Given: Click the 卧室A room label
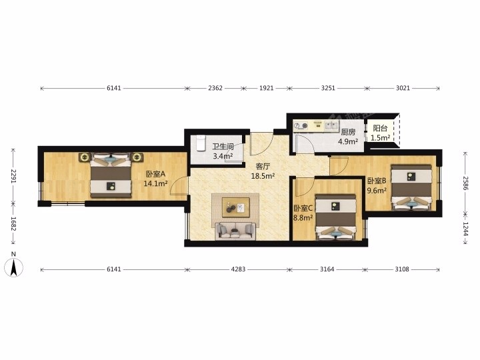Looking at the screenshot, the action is coord(155,174).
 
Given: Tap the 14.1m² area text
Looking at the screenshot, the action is coord(155,183).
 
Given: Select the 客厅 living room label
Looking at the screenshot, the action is coord(263,167).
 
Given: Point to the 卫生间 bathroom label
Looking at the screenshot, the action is coord(223,147).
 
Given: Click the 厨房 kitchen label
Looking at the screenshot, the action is coord(348,132).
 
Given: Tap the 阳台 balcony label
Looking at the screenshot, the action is coord(380,129).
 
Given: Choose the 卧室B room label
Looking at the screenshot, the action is coord(377,181).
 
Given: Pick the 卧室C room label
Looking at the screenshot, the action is coord(303,209).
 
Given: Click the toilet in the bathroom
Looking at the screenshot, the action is coord(201,143).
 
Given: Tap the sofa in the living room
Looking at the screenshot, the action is coord(235,231).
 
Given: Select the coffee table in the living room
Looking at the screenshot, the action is coord(236,207).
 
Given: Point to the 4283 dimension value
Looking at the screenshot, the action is coord(238,269).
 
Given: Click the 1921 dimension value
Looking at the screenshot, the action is coord(266,88).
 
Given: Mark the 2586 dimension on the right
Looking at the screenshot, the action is coord(465,183).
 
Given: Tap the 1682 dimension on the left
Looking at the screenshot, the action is coord(13,223).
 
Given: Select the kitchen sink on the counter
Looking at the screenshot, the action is coord(331,125).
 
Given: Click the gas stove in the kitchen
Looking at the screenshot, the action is coord(301,125).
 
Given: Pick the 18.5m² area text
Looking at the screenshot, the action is coord(263,176).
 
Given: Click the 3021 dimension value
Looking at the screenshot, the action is coord(403,88).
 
